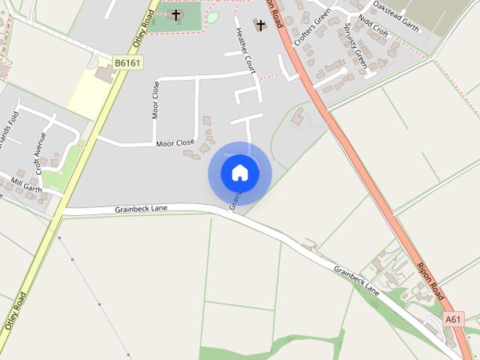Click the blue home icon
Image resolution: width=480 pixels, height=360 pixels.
[240, 172]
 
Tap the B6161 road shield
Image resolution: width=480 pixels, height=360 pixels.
[127, 62]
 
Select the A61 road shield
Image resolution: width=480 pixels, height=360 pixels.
[453, 319]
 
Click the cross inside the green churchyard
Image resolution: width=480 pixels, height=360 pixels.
[176, 14]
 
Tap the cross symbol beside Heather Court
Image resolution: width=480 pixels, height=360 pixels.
[260, 25]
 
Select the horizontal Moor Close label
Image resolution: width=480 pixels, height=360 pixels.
[175, 142]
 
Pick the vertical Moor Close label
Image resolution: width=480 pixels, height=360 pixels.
[156, 100]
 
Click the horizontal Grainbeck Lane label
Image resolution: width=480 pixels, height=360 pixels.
[142, 208]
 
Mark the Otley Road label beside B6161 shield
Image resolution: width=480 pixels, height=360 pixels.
[139, 26]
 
